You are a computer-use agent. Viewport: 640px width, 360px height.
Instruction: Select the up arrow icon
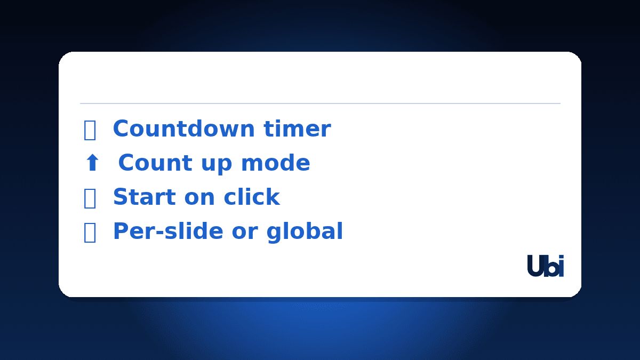pyautogui.click(x=92, y=163)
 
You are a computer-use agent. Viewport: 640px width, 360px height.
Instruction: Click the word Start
pyautogui.click(x=145, y=197)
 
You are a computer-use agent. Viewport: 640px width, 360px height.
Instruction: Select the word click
pyautogui.click(x=252, y=197)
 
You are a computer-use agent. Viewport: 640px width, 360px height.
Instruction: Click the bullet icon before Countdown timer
pyautogui.click(x=90, y=130)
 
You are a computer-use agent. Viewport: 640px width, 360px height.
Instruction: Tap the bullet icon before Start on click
pyautogui.click(x=90, y=198)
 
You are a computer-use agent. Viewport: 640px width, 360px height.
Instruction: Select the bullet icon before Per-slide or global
pyautogui.click(x=90, y=233)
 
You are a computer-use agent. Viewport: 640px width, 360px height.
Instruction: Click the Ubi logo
pyautogui.click(x=545, y=266)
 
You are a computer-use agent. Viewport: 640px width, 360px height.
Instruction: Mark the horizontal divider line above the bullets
pyautogui.click(x=320, y=103)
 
